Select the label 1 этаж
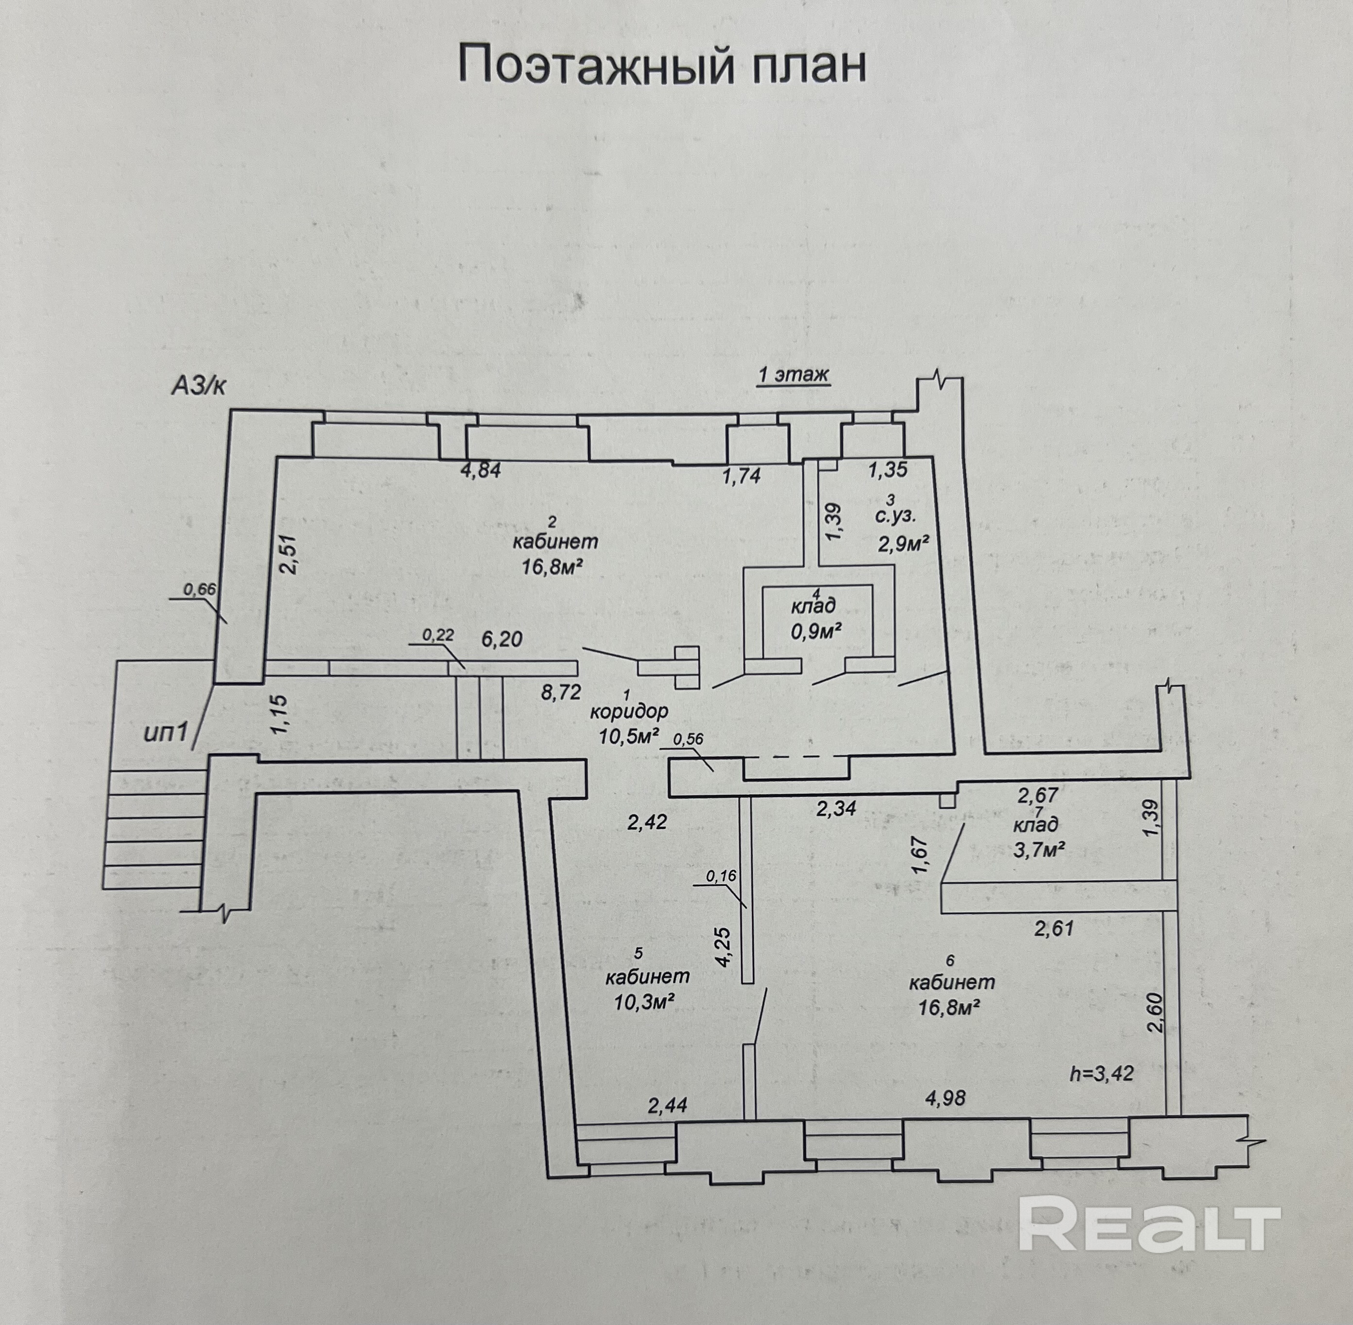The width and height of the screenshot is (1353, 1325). (793, 375)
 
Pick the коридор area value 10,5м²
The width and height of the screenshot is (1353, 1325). (628, 736)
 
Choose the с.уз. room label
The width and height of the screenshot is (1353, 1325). (896, 516)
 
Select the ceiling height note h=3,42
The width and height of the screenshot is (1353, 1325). (1101, 1073)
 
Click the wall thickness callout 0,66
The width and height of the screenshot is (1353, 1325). (200, 589)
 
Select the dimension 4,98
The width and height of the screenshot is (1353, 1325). (945, 1098)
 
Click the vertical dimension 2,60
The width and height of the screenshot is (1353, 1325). (1153, 1014)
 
